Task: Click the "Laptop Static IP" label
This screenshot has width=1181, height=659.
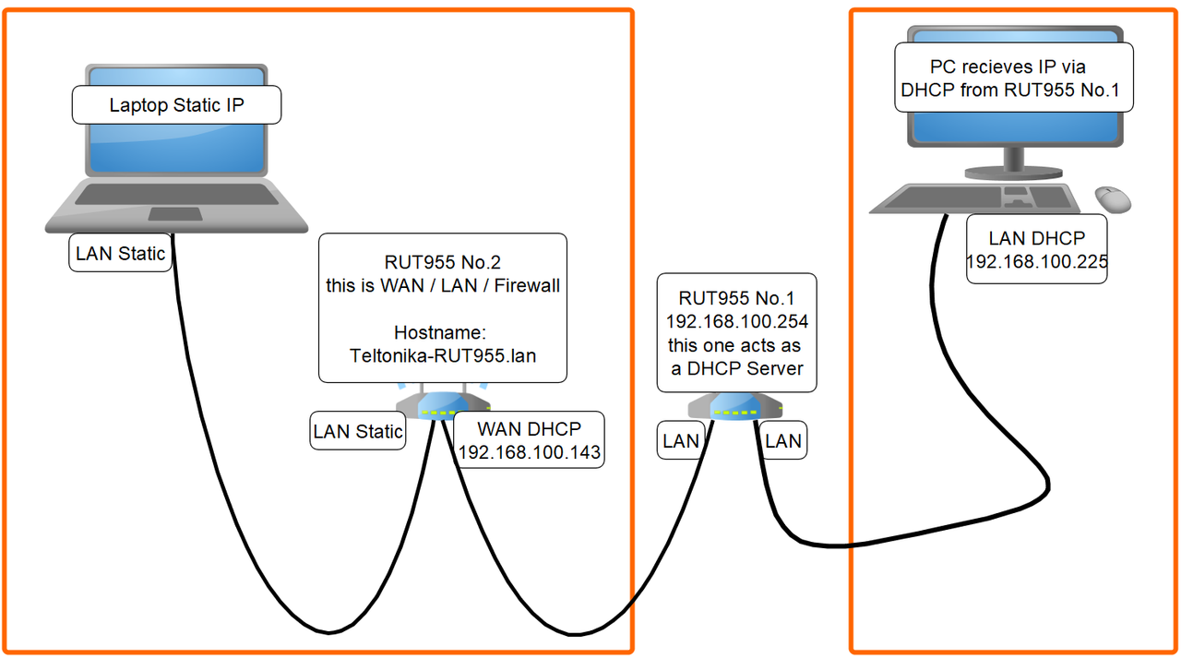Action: coord(176,105)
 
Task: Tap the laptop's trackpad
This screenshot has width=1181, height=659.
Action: coord(175,214)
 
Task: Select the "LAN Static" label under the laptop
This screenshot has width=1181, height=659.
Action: coord(120,253)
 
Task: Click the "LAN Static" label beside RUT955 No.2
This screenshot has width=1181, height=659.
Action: coord(357,431)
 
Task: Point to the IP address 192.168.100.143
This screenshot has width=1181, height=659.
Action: coord(530,452)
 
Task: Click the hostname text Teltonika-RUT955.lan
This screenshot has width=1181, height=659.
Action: coord(443,356)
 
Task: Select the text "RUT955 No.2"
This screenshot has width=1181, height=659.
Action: coord(442,262)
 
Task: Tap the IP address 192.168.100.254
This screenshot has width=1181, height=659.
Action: coord(737,321)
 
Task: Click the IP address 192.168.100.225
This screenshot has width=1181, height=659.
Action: coord(1037,261)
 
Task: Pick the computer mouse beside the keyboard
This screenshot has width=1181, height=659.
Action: coord(1113,199)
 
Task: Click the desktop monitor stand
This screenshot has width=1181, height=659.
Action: coord(1013,164)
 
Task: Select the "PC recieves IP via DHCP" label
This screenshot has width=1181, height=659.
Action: coord(1014,78)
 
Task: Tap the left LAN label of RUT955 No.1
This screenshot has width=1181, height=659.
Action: coord(681,441)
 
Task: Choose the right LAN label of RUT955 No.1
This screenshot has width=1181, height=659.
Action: coord(783,441)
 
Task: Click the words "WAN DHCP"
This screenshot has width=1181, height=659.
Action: coord(530,429)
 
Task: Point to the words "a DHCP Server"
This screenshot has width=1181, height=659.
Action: coord(737,368)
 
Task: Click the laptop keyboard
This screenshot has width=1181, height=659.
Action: coord(176,195)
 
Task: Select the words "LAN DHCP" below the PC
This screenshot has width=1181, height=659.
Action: coord(1037,238)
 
